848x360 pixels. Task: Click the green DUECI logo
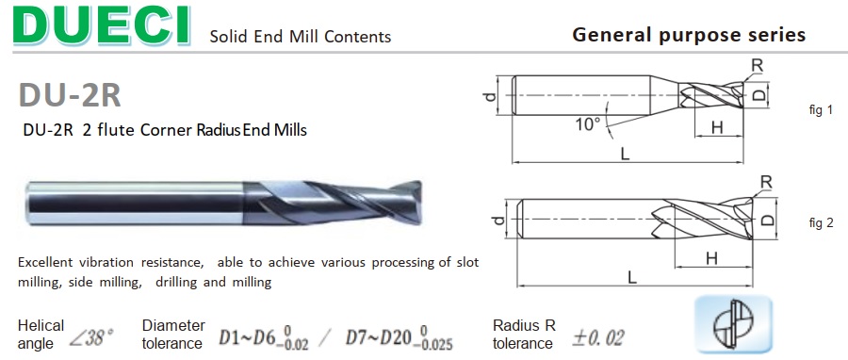coord(102,26)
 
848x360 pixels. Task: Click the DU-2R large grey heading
coord(70,95)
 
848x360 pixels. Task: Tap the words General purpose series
coord(689,35)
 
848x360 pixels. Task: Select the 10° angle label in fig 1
coord(588,125)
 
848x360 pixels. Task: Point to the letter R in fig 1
coord(758,65)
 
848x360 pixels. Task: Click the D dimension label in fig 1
coord(759,95)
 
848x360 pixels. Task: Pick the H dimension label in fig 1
coord(717,127)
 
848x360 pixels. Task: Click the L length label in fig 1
coord(626,154)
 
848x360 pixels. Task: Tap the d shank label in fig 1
coord(490,96)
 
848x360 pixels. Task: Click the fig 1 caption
coord(821,110)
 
